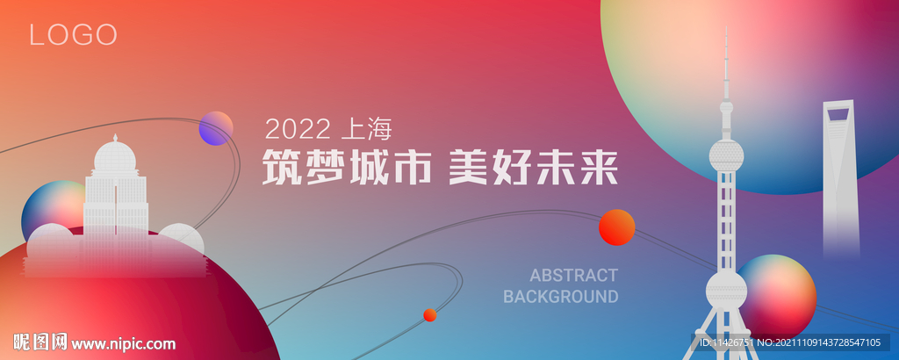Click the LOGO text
point(73,35)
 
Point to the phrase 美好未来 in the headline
point(533,168)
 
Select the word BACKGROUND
point(560,296)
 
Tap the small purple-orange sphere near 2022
point(216,128)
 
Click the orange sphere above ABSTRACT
point(616,227)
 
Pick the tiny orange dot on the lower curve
point(429,315)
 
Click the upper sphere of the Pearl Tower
point(726,155)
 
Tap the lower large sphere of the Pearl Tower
point(726,290)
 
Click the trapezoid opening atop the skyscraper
point(838,112)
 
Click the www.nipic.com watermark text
point(123,344)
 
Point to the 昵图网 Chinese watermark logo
point(40,342)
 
